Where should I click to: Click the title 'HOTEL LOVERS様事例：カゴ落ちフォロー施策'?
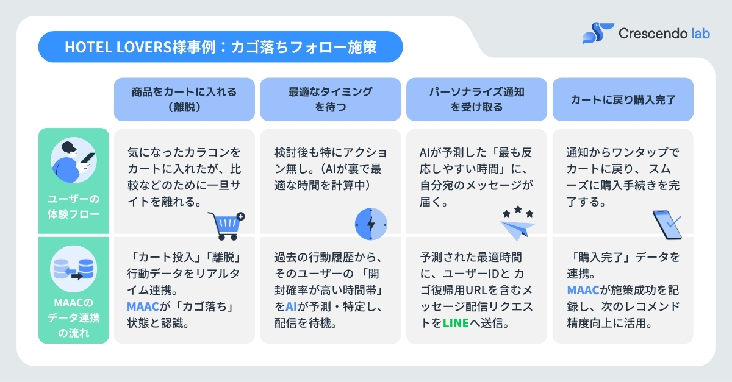220,48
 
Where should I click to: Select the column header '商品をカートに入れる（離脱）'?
184,99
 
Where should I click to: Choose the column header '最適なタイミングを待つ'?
330,99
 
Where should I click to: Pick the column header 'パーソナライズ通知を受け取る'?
476,99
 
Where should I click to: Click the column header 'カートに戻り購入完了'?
623,99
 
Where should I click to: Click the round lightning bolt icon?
371,224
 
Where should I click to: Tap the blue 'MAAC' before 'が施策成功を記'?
582,291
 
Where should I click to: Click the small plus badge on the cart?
240,216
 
